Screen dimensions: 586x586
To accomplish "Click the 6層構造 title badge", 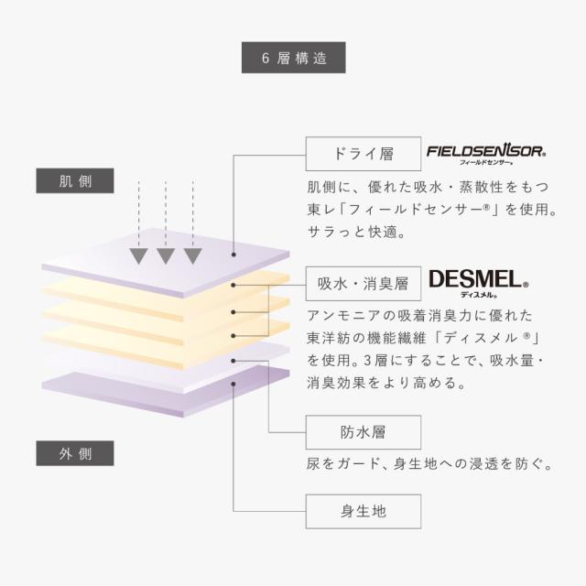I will coord(293,58).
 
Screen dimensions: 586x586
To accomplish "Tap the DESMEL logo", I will coord(473,281).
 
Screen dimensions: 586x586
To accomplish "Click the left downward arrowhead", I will coord(139,254).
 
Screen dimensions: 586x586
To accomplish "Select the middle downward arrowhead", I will coord(166,254).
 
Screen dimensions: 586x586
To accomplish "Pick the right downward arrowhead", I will coord(192,254).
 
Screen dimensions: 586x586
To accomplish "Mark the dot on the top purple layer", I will coord(233,255).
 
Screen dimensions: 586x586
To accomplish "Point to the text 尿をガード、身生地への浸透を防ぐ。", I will coord(430,464).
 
